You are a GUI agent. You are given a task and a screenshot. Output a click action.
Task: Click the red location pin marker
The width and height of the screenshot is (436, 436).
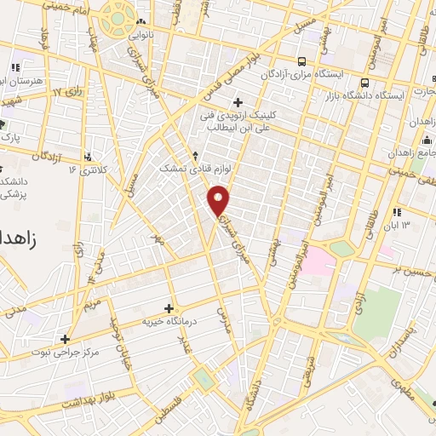[220, 199]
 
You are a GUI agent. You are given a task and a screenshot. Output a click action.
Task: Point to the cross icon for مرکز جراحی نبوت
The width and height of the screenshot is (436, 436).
[65, 339]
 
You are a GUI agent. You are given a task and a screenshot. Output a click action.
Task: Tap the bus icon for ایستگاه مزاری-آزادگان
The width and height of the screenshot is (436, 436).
[303, 61]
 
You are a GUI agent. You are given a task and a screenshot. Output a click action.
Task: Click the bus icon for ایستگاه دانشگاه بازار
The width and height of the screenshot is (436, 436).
[364, 83]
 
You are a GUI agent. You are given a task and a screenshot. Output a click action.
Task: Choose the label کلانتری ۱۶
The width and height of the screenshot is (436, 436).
[89, 169]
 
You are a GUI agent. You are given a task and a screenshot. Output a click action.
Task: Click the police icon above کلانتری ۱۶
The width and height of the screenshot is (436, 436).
[89, 157]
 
